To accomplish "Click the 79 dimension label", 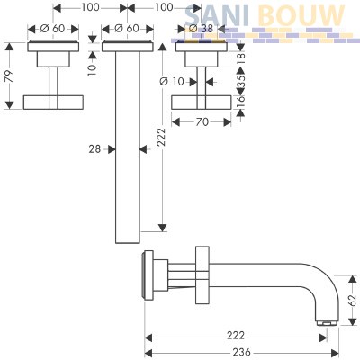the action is [x=10, y=76].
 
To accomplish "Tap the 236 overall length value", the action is [x=242, y=352].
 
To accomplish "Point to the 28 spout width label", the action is [x=94, y=149].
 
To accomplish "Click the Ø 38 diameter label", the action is [x=202, y=29].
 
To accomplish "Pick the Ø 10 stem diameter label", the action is [x=172, y=81].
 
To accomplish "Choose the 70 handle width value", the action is [x=202, y=122].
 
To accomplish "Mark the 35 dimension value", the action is [x=241, y=81].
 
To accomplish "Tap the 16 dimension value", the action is [x=241, y=102].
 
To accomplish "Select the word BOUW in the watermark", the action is [x=301, y=15].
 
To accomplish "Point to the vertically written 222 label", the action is [x=162, y=137].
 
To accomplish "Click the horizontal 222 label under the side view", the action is [x=236, y=336].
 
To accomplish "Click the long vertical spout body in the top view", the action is [x=128, y=148].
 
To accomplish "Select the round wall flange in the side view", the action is [x=148, y=275].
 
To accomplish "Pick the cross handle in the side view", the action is [x=202, y=275].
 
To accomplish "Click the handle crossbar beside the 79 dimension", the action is [x=53, y=103].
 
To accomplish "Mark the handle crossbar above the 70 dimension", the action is [x=202, y=103].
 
